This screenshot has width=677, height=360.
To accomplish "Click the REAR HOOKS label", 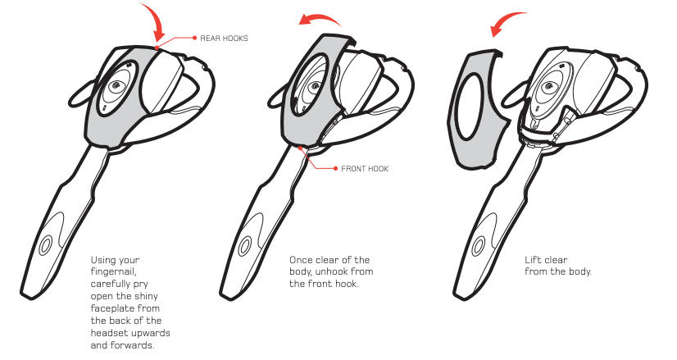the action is (224, 39).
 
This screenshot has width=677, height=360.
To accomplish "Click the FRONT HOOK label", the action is (365, 169).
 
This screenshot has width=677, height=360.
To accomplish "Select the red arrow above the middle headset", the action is (320, 19).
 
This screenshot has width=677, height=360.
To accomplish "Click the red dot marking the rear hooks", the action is (157, 47).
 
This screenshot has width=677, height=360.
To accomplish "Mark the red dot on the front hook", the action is (300, 148).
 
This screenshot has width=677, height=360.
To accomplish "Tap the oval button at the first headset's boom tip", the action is (45, 245).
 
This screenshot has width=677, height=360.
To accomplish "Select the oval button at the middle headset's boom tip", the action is (244, 246).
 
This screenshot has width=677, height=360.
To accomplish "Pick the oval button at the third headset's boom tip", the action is (478, 246).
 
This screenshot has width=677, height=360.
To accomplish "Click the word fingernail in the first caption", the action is (114, 271).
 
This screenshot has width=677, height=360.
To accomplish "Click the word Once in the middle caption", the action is (301, 260).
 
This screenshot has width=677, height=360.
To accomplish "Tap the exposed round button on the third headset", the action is (549, 87).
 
